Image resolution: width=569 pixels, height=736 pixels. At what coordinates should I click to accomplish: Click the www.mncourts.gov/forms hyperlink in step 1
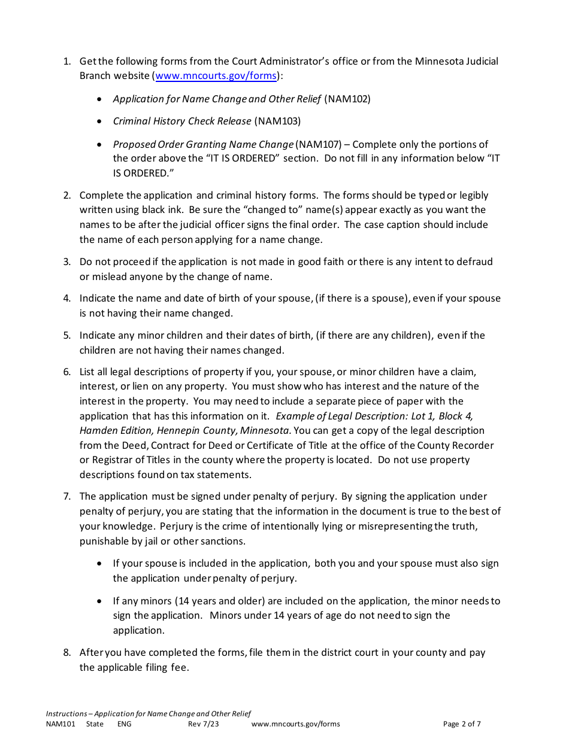216,76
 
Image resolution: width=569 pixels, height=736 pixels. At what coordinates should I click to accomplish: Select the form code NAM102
347,99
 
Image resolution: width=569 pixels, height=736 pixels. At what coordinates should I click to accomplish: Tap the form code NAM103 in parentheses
277,121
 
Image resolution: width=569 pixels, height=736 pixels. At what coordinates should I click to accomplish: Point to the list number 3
67,262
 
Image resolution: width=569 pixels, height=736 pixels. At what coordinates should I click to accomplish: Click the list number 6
67,372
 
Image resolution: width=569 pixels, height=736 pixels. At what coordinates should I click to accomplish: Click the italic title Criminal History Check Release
182,121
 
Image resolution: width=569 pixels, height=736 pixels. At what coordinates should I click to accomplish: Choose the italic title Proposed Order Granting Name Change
203,144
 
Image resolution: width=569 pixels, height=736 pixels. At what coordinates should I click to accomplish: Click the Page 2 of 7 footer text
462,724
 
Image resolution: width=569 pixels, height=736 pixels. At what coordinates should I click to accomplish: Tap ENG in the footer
124,724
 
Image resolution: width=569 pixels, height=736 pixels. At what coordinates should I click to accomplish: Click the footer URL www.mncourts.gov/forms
295,724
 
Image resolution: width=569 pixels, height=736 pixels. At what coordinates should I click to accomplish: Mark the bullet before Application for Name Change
99,99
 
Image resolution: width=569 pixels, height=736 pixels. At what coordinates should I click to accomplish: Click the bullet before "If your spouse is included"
99,564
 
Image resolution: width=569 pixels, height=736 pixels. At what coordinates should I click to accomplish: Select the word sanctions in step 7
224,542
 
